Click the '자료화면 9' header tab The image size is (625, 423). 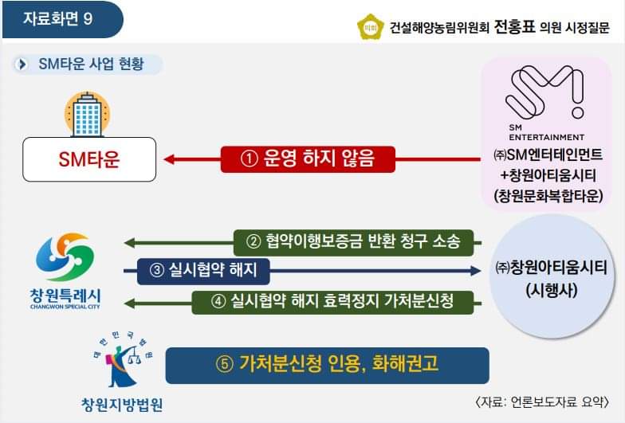(x=61, y=19)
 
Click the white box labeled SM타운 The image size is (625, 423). (x=88, y=159)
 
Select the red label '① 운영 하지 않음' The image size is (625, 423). (x=307, y=159)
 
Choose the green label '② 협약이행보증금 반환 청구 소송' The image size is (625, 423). (x=354, y=240)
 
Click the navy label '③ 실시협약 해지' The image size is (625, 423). (x=203, y=271)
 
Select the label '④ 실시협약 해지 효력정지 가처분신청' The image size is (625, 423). (x=333, y=301)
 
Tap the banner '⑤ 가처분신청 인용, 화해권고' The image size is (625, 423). (x=327, y=364)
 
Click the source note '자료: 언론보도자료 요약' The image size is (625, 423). (x=541, y=401)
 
